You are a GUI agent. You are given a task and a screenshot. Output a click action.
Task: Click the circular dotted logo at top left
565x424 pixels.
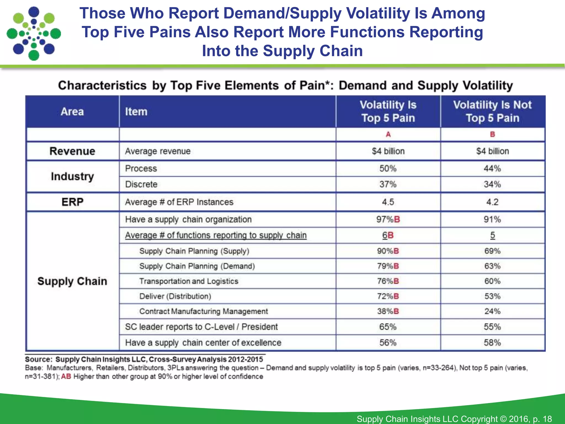[34, 33]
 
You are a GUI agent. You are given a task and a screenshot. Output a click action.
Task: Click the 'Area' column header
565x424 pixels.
[72, 112]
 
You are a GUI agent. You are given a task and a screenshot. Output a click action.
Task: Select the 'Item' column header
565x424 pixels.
[136, 112]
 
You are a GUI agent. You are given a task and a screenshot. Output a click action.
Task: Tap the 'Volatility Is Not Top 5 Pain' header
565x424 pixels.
[492, 111]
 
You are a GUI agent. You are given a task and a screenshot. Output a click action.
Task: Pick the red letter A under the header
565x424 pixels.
[388, 134]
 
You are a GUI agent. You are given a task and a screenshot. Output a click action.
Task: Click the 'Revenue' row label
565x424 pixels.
[72, 151]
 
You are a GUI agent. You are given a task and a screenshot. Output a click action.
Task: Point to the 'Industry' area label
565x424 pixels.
[72, 176]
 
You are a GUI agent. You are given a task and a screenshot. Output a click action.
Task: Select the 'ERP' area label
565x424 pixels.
[72, 202]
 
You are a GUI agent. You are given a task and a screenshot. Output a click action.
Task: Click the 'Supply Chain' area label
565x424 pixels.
[72, 281]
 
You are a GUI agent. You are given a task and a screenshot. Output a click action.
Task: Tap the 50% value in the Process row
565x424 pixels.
[388, 168]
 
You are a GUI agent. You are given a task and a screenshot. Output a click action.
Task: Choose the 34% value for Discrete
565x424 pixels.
[492, 184]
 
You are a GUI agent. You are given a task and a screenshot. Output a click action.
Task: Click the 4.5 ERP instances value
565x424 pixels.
[388, 202]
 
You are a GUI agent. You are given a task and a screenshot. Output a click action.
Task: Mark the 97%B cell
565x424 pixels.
[388, 219]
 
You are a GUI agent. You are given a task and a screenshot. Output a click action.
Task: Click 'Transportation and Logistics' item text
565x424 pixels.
[189, 281]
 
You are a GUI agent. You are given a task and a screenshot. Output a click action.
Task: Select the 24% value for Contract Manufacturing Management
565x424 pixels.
[492, 311]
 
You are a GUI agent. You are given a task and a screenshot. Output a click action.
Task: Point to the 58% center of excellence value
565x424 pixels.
[492, 343]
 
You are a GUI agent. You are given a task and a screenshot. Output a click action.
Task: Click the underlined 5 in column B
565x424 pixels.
[492, 235]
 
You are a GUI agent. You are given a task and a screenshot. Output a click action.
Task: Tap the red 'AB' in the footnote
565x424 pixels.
[66, 377]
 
